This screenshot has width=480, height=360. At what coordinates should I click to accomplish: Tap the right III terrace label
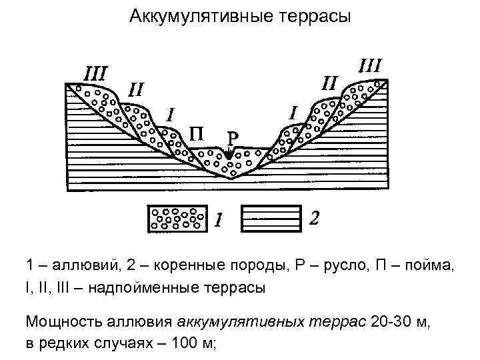[370, 66]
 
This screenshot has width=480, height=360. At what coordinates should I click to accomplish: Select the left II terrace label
[136, 89]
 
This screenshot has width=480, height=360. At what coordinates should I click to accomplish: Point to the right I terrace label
[294, 111]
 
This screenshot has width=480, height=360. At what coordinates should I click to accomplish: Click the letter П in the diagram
[197, 135]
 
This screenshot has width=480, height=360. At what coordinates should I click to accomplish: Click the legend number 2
[314, 218]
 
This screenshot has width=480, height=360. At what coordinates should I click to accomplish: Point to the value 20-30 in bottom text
[390, 323]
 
